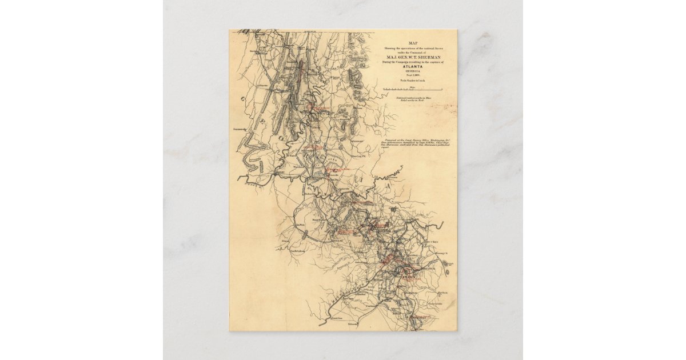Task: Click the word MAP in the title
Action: pos(412,43)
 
